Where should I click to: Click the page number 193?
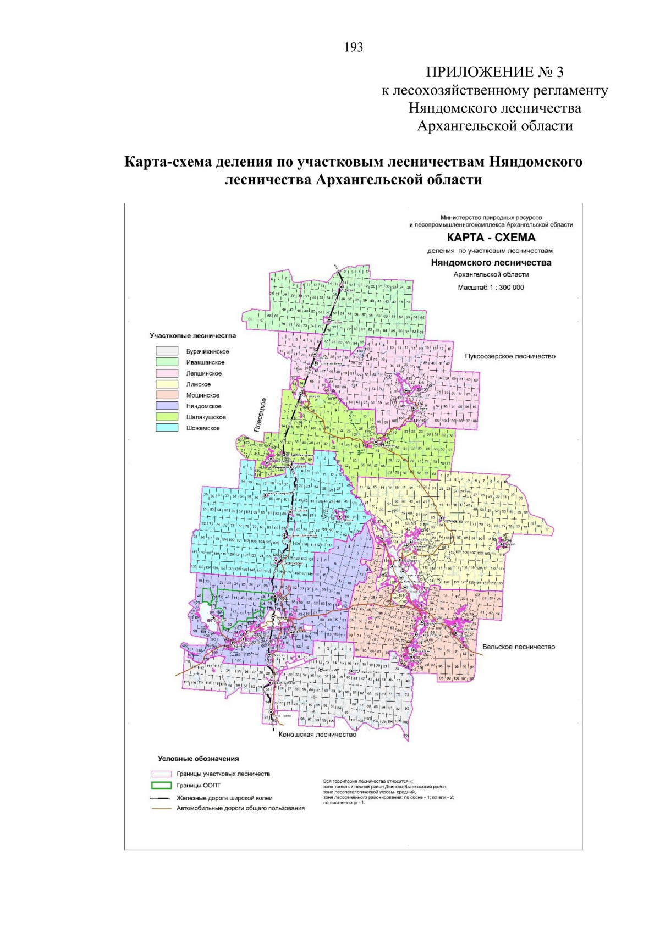point(354,47)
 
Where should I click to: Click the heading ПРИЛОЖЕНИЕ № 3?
point(494,72)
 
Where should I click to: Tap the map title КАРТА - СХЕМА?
point(491,238)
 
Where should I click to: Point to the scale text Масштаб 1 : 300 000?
point(491,288)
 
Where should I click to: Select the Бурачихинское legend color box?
point(167,351)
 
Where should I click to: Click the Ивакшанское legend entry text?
point(205,362)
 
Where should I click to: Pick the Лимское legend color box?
point(167,384)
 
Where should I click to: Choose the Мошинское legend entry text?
point(202,395)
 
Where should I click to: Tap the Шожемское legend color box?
point(167,428)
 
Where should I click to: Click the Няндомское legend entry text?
point(204,406)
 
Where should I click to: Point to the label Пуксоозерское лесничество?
point(510,356)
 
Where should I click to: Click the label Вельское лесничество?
point(518,647)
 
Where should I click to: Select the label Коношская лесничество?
point(317,735)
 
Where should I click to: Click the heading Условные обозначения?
point(198,759)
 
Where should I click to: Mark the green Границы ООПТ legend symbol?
point(162,786)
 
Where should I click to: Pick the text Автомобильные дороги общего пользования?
point(240,808)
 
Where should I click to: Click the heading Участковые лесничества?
point(193,335)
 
